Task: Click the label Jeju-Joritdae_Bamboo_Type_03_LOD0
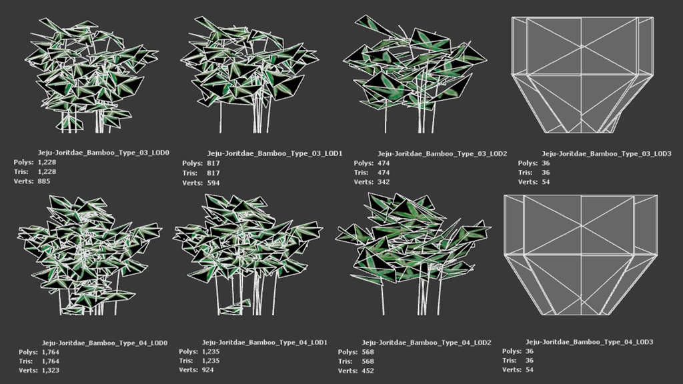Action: pos(103,153)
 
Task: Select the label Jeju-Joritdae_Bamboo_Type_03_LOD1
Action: pos(275,154)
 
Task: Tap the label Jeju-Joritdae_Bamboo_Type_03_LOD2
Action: pos(442,154)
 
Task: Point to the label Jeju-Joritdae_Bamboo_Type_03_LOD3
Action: pos(606,154)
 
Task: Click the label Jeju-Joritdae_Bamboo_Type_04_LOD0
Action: pos(105,343)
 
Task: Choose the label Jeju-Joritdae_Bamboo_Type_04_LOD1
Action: pos(264,343)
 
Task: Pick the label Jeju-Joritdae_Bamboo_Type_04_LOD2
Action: pos(426,343)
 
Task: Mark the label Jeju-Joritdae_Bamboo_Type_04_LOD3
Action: pos(590,342)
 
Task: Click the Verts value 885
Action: pos(44,181)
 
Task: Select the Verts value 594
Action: pos(213,183)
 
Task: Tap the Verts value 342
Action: pos(384,182)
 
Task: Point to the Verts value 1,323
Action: pos(51,371)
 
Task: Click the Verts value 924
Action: pos(207,370)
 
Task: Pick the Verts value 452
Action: pos(368,371)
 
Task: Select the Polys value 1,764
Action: pos(51,352)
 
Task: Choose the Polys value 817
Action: pos(213,163)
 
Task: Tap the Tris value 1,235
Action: pos(210,361)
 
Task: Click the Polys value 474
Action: pos(384,163)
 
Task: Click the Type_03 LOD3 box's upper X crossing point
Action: pos(582,46)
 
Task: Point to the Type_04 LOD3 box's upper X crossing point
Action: pos(582,225)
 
